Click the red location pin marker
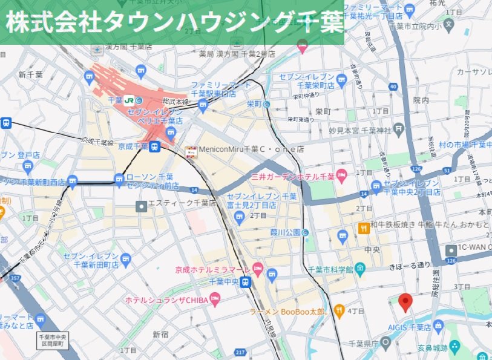click(406, 301)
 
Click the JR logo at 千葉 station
click(130, 100)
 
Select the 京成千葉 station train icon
click(155, 146)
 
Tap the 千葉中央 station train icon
click(245, 282)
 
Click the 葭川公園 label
click(284, 232)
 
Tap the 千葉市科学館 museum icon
click(361, 268)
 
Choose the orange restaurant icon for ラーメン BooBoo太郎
click(339, 312)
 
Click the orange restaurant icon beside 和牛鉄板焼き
click(363, 227)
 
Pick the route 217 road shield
click(241, 353)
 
